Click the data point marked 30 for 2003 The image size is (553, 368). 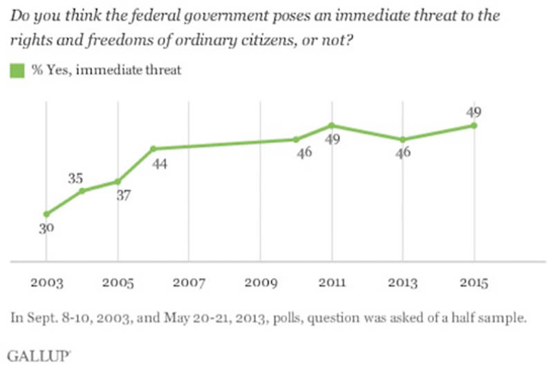point(46,214)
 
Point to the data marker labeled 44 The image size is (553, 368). point(153,148)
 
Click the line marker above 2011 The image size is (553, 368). point(331,125)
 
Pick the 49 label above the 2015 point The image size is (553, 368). point(474,112)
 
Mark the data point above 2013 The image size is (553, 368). point(402,139)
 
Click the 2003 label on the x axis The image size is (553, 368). point(46,284)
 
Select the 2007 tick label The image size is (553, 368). point(188,284)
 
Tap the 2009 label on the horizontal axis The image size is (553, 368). point(260,284)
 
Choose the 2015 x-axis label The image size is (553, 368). point(474,284)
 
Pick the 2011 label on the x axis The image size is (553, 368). point(331,284)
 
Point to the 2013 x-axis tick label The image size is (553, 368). point(402,284)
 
